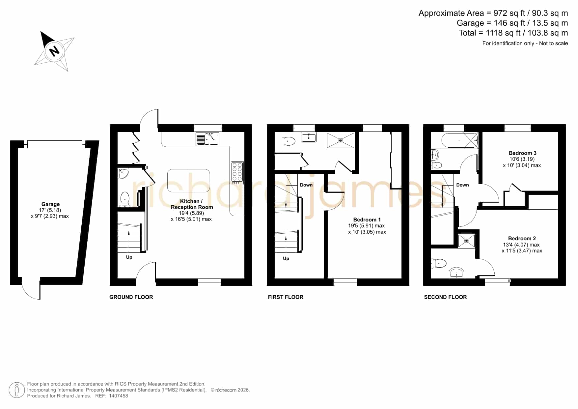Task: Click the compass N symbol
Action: point(54,51)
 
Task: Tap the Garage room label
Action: point(50,204)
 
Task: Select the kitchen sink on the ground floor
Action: point(207,139)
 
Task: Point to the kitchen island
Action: point(188,181)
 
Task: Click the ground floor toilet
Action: point(125,199)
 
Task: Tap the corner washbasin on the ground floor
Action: point(123,173)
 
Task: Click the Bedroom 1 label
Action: point(367,220)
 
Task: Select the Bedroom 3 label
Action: point(522,153)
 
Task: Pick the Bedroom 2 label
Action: point(522,238)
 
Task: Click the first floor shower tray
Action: point(341,140)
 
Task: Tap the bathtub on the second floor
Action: point(459,140)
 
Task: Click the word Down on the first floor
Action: point(306,185)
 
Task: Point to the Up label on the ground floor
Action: point(129,257)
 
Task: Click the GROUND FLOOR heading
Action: point(131,297)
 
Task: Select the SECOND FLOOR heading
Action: point(445,297)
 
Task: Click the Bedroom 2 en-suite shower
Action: point(466,241)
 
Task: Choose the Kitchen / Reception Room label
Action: point(192,204)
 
